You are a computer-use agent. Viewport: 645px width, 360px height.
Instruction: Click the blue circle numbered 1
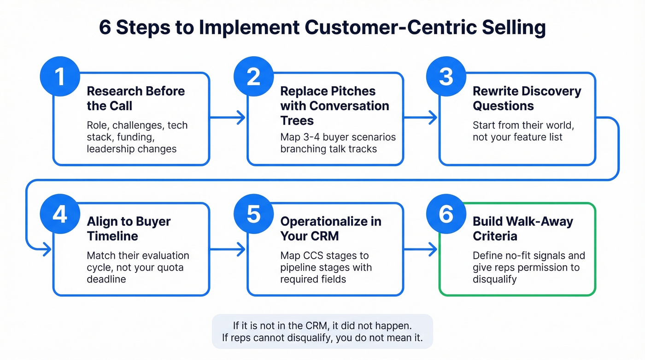pos(59,77)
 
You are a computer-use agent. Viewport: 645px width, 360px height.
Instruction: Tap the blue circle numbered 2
pos(253,77)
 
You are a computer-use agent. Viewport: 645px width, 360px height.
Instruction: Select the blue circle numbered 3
pos(446,77)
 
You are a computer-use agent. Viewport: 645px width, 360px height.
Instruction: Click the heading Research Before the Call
pos(135,98)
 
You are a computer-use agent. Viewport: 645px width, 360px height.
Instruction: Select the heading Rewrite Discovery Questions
pos(527,98)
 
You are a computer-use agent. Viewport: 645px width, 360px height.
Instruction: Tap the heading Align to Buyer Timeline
pos(129,229)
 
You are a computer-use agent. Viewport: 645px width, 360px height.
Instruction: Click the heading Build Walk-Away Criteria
pos(522,229)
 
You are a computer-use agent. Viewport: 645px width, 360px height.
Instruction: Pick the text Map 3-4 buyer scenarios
pos(338,137)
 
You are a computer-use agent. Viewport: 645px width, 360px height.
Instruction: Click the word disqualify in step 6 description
pos(494,279)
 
